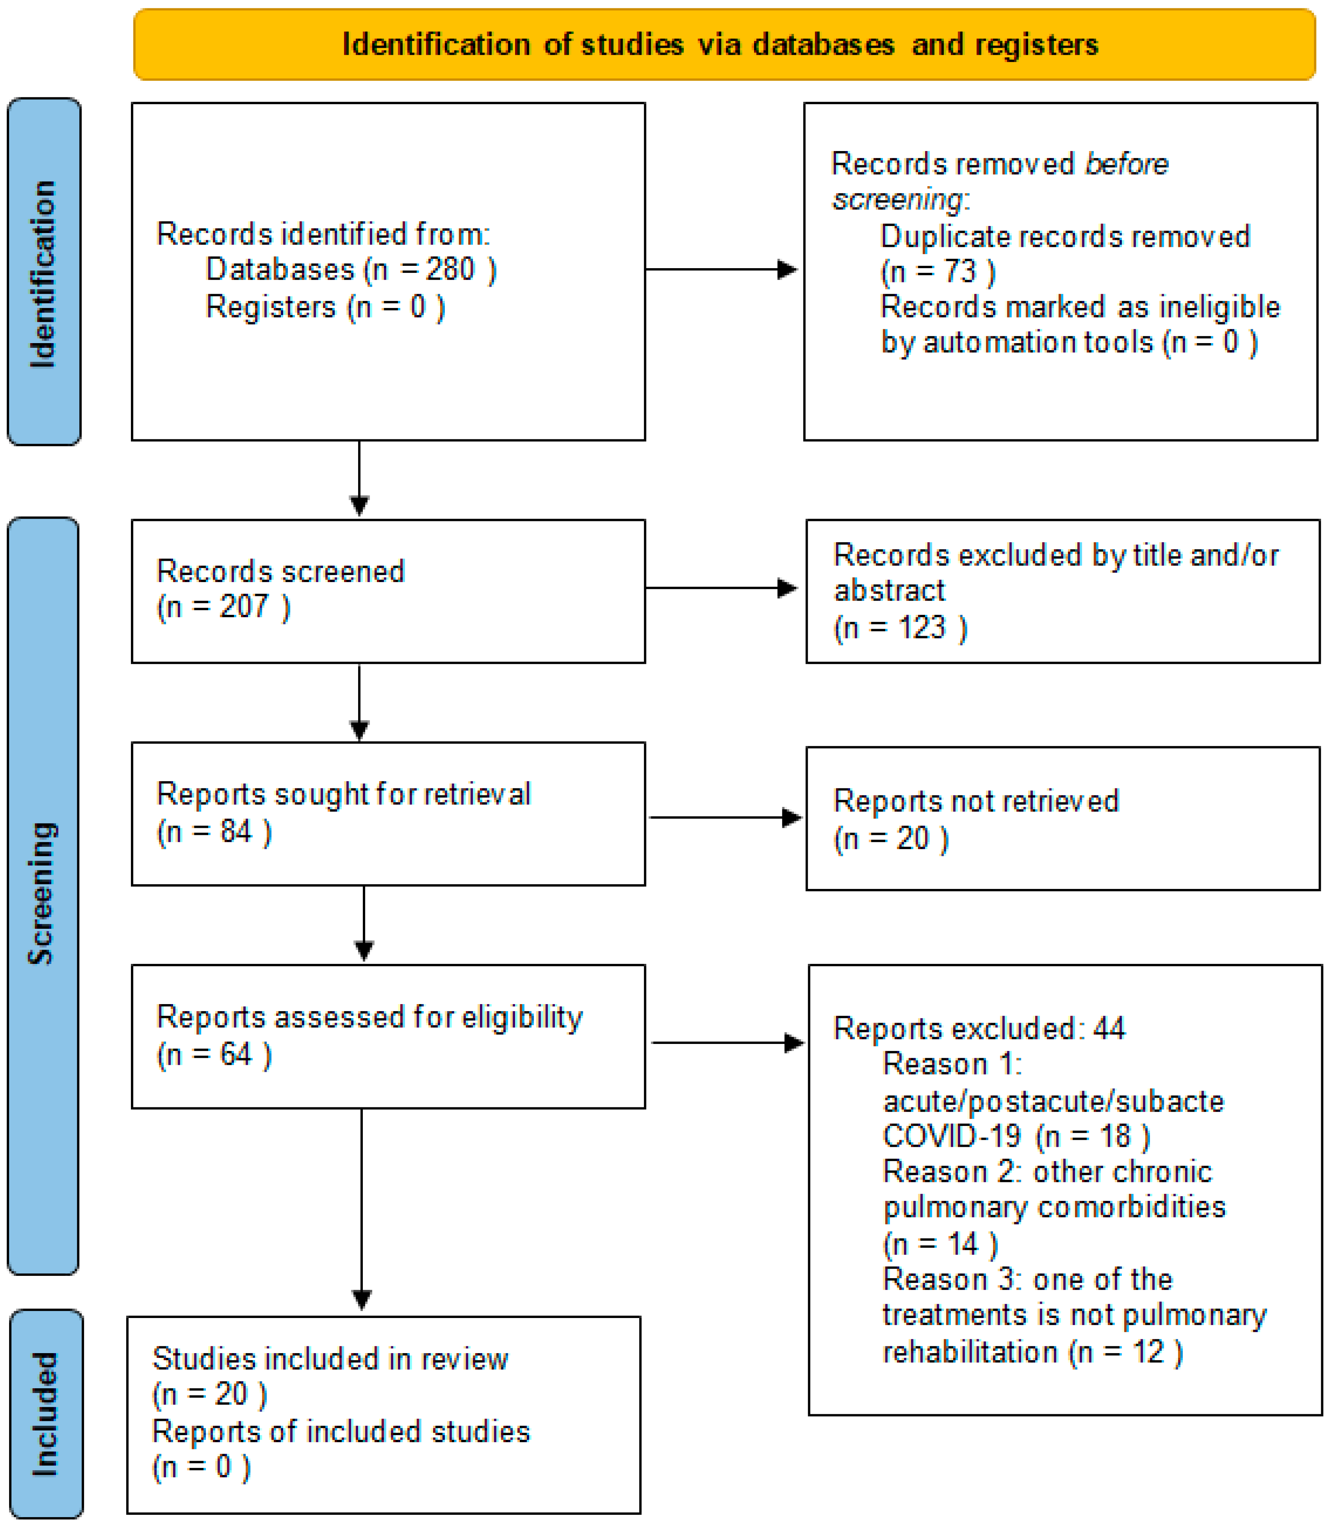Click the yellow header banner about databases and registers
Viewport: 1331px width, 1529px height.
724,45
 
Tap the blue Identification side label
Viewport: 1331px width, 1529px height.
44,272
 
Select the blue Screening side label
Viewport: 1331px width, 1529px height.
43,896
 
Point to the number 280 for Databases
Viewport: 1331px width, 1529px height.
450,269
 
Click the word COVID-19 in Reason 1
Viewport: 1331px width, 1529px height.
952,1136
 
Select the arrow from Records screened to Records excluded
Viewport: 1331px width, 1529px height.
721,588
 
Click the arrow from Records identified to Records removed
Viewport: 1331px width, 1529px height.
721,270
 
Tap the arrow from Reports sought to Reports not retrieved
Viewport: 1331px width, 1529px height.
726,818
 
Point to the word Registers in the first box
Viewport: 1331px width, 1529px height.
271,307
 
